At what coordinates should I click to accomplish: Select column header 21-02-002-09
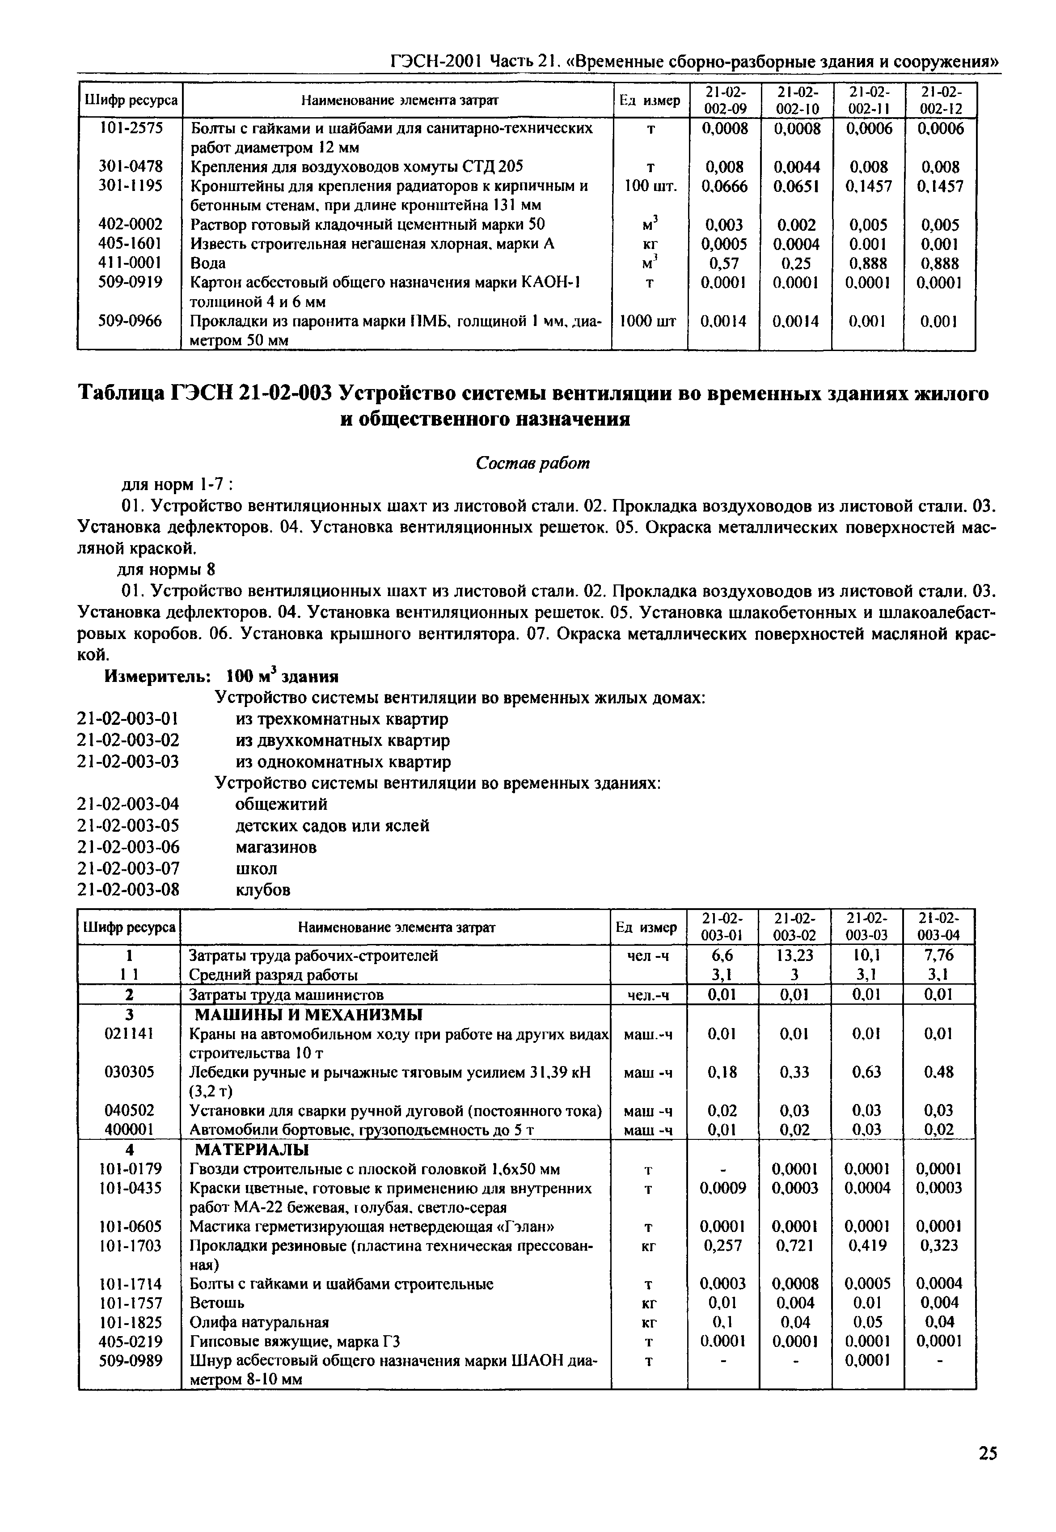(724, 100)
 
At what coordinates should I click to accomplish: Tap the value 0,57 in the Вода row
(723, 263)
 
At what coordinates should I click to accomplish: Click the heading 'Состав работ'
(532, 463)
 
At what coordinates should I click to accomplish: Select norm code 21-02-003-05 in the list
(128, 826)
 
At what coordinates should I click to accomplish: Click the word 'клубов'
(263, 889)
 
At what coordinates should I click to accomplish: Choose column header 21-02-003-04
(940, 927)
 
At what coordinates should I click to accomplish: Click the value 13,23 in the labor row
(795, 956)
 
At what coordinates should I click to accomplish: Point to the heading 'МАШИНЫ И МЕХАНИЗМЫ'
(308, 1015)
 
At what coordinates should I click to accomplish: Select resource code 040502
(130, 1110)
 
